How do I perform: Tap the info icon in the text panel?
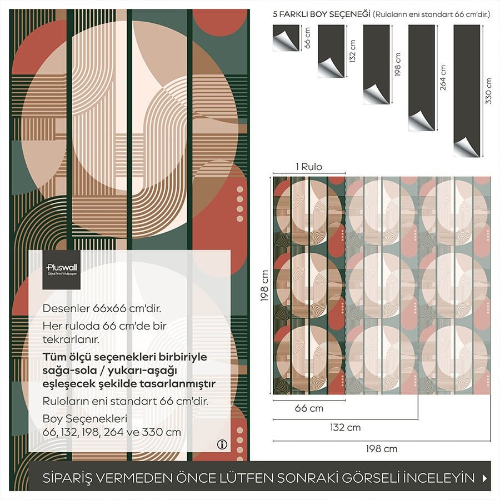point(222,444)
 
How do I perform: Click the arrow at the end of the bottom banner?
point(485,478)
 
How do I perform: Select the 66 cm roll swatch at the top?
point(286,38)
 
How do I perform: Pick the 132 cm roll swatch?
point(331,51)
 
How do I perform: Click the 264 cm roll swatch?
point(421,78)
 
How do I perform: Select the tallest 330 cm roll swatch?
point(467,91)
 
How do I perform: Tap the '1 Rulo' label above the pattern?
point(308,167)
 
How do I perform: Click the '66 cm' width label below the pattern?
point(308,409)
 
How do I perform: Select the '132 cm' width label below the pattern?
point(345,427)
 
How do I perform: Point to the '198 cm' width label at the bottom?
point(382,448)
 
